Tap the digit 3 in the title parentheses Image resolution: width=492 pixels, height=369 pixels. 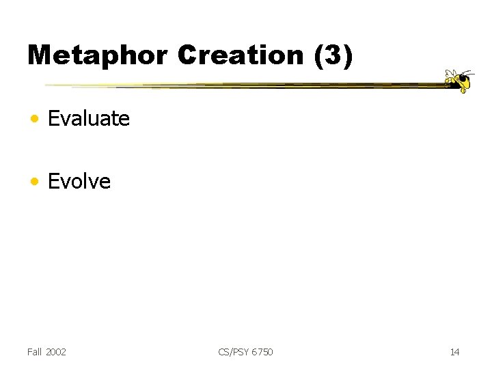pos(334,55)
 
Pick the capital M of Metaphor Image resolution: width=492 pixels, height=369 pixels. pos(40,55)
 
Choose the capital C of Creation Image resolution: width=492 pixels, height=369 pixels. pos(188,55)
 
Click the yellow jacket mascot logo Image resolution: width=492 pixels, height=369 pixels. pos(458,80)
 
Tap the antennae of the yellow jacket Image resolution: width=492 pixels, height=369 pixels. pos(468,71)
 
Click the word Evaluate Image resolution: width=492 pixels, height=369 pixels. pos(89,119)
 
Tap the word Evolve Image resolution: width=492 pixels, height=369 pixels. pos(79,182)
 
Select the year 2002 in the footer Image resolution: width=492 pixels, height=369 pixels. pos(56,352)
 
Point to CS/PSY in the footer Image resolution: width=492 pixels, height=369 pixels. pos(233,352)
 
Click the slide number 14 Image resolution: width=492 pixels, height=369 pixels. pos(454,352)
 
